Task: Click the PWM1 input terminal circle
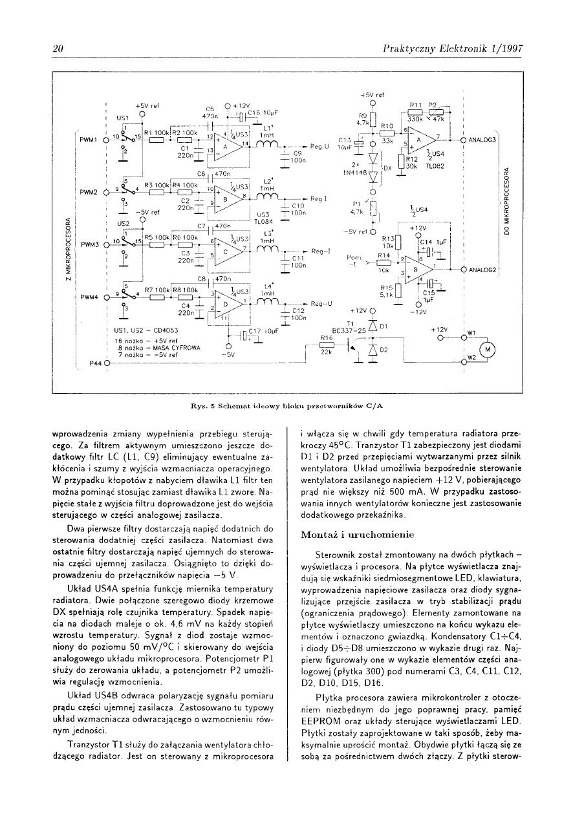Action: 104,139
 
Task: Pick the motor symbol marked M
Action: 488,350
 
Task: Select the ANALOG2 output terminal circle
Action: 463,269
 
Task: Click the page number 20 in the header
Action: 57,49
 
